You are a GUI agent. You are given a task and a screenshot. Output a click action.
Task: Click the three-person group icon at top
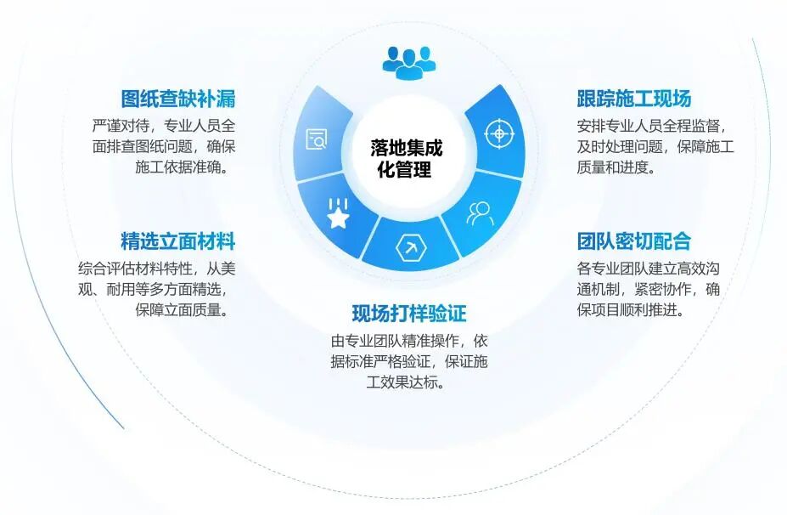pyautogui.click(x=408, y=59)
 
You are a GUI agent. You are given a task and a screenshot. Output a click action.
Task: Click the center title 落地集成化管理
pyautogui.click(x=406, y=159)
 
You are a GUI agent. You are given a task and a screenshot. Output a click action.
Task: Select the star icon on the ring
pyautogui.click(x=338, y=216)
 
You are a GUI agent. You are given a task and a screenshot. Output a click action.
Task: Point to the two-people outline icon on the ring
pyautogui.click(x=479, y=212)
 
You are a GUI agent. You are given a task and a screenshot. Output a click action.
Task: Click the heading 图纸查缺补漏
pyautogui.click(x=177, y=99)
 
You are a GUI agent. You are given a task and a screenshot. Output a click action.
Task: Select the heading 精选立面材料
pyautogui.click(x=177, y=241)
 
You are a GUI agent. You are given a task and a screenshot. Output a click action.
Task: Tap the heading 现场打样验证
pyautogui.click(x=409, y=314)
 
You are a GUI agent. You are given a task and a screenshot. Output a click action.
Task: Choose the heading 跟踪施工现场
pyautogui.click(x=633, y=99)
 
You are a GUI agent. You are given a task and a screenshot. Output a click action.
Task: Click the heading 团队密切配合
pyautogui.click(x=633, y=241)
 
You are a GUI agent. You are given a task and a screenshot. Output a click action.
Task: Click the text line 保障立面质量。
pyautogui.click(x=185, y=309)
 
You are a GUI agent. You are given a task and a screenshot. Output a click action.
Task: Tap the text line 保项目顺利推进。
pyautogui.click(x=631, y=309)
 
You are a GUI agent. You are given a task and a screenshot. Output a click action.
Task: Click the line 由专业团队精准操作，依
pyautogui.click(x=409, y=341)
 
